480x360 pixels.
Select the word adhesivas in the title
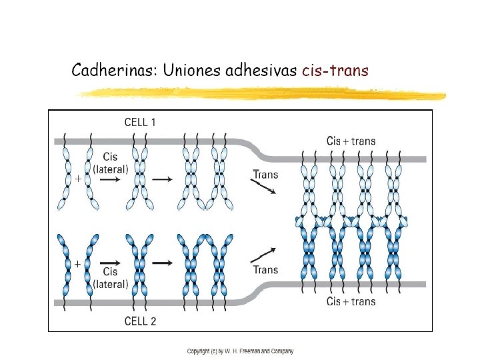pos(264,71)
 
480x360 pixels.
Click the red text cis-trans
pos(335,71)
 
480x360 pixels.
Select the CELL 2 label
pos(141,321)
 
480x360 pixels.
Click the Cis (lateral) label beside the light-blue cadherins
pos(110,164)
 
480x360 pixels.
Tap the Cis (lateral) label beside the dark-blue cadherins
pos(110,278)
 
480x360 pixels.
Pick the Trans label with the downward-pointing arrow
pos(265,175)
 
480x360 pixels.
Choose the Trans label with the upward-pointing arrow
pos(265,270)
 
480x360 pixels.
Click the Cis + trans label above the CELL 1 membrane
pos(351,141)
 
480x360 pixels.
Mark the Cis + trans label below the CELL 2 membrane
pos(351,301)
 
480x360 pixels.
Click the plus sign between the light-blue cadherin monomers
pos(79,179)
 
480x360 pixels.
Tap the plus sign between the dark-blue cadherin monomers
pos(78,264)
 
